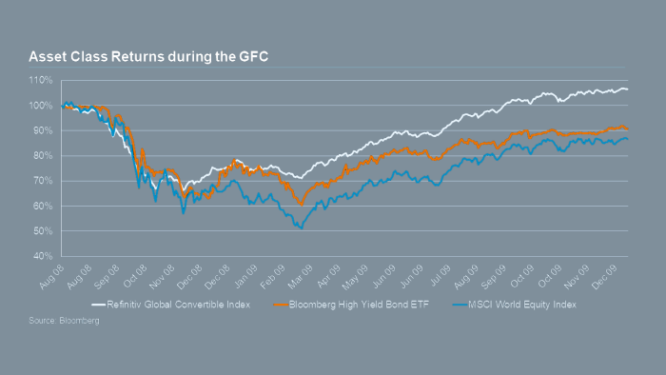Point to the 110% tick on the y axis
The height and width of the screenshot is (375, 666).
pos(44,80)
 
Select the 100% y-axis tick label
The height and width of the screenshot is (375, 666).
pos(44,106)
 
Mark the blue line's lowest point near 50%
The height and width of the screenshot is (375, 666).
pos(301,228)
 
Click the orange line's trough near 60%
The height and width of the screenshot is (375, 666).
pos(301,205)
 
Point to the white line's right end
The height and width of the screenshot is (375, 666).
pos(627,89)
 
